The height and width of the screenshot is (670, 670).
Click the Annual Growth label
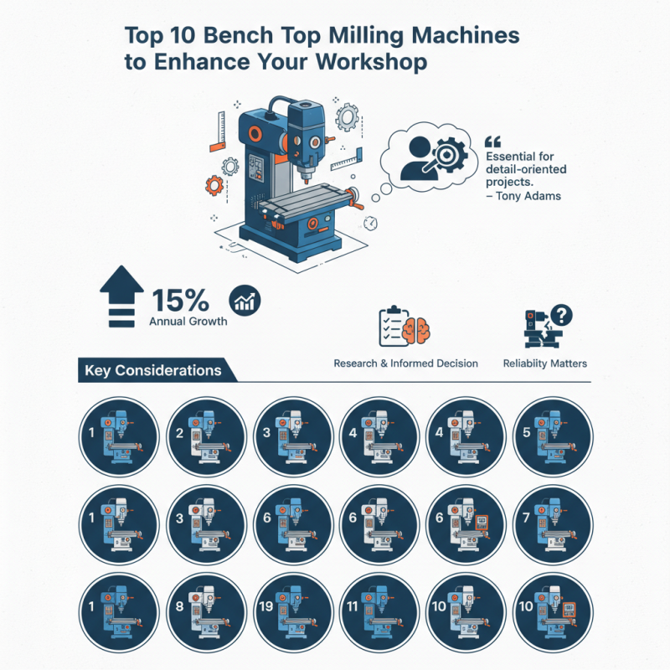coord(188,321)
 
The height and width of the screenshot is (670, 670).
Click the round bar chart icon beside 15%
coord(245,300)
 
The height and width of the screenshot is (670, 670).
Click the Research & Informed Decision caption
coord(406,363)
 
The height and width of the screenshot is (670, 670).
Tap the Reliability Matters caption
coord(544,363)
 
